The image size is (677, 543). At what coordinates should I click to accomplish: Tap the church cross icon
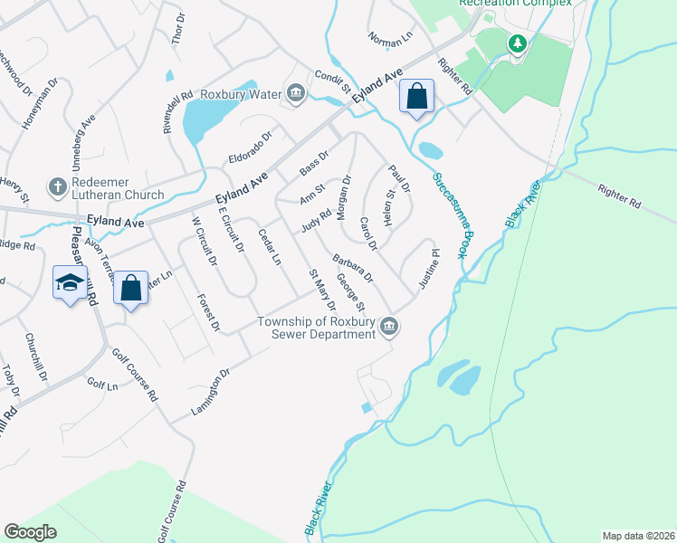57,186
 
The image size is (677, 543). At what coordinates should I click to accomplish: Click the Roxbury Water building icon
295,91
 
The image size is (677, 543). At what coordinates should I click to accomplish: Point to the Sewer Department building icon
388,327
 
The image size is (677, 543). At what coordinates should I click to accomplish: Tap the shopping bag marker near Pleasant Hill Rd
131,289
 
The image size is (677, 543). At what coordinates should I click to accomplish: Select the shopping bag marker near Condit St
416,96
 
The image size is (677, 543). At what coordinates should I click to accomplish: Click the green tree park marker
517,43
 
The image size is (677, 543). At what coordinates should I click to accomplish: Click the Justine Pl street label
428,270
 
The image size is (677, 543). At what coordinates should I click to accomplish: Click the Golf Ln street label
100,385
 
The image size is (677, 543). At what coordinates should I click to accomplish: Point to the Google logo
31,532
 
